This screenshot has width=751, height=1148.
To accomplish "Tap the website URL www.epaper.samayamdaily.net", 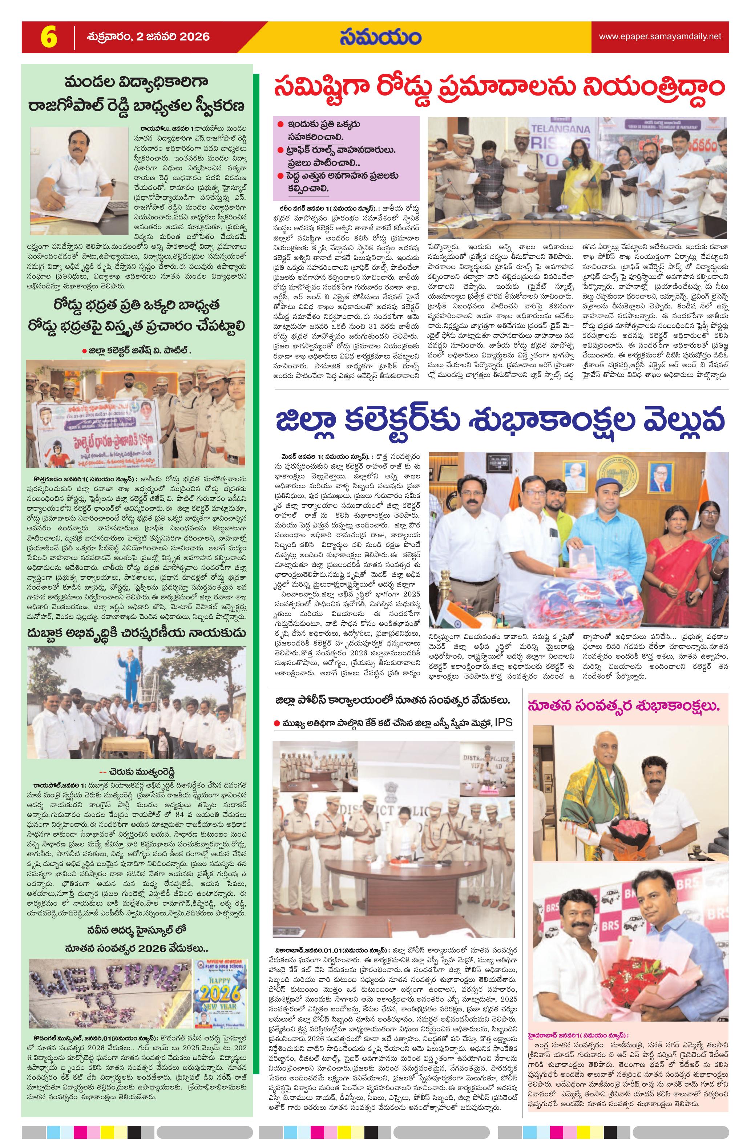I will pos(660,36).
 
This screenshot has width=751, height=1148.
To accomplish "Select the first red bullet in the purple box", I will pos(280,125).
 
